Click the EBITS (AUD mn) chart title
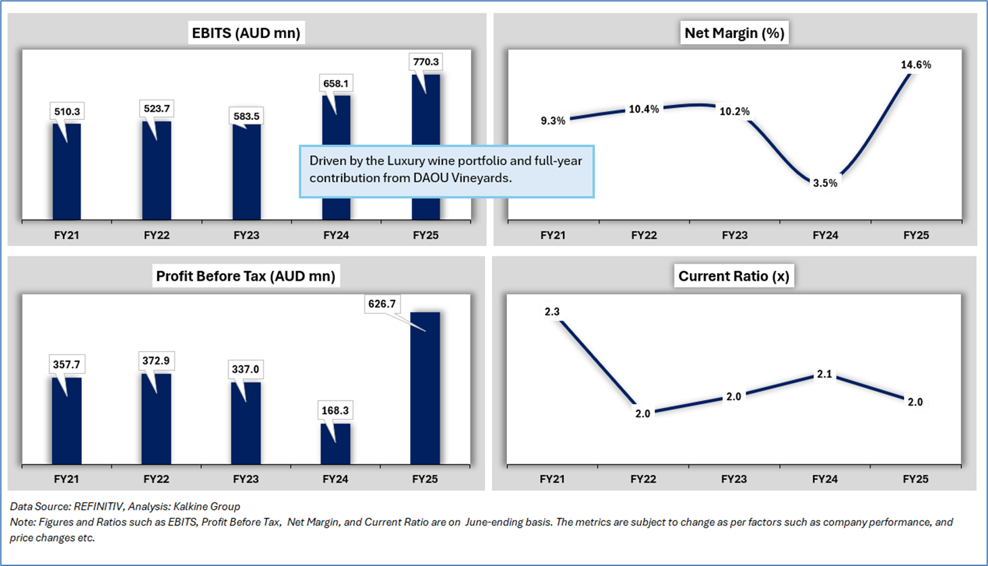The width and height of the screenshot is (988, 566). coord(246,33)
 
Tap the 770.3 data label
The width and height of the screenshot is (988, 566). coord(426,62)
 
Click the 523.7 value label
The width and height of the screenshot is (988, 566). coord(157,108)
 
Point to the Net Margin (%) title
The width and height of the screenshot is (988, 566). coord(735,33)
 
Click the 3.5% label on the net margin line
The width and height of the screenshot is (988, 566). coord(825,183)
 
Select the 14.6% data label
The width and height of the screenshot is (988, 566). coord(915,65)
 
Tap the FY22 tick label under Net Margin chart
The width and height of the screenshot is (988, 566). coord(644,235)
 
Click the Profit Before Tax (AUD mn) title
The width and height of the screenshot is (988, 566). coord(245,276)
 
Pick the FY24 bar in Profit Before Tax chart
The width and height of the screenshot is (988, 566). coord(335,444)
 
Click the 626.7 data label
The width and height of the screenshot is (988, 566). coord(382,304)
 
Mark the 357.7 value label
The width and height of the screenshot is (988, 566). coord(66,365)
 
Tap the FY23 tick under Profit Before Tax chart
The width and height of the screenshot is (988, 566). coord(246,479)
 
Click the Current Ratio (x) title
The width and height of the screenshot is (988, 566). coord(734,276)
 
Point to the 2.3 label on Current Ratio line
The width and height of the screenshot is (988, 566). coord(552,312)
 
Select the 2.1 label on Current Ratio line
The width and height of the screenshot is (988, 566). coord(825,374)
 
